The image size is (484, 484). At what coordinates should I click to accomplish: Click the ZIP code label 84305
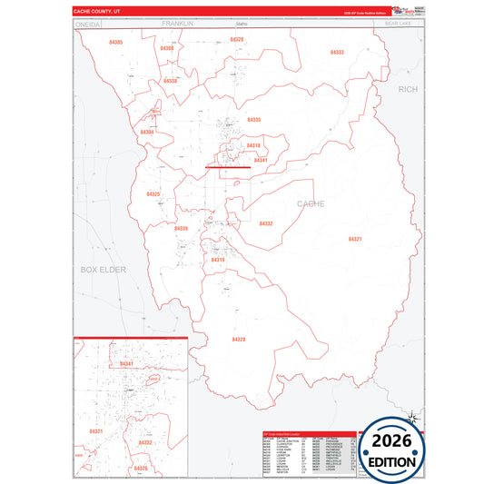[115, 43]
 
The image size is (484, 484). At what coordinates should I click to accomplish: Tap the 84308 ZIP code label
[167, 47]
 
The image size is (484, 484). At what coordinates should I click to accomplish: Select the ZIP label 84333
[336, 53]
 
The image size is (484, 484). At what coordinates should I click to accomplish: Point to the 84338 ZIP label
[170, 81]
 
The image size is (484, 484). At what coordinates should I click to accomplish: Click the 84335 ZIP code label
[253, 120]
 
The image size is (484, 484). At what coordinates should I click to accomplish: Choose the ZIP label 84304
[147, 133]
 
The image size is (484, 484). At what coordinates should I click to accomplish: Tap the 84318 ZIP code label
[252, 145]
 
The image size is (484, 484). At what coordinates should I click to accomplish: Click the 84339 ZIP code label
[181, 228]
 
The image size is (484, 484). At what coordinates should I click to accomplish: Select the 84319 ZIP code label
[218, 260]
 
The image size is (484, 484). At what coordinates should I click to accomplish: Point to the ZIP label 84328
[239, 339]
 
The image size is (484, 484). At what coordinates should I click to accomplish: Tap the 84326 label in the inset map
[140, 468]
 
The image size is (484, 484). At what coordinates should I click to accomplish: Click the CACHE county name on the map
[311, 203]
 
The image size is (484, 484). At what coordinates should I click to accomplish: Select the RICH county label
[408, 89]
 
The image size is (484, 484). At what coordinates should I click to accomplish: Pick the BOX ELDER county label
[102, 270]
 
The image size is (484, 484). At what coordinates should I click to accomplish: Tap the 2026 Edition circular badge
[390, 449]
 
